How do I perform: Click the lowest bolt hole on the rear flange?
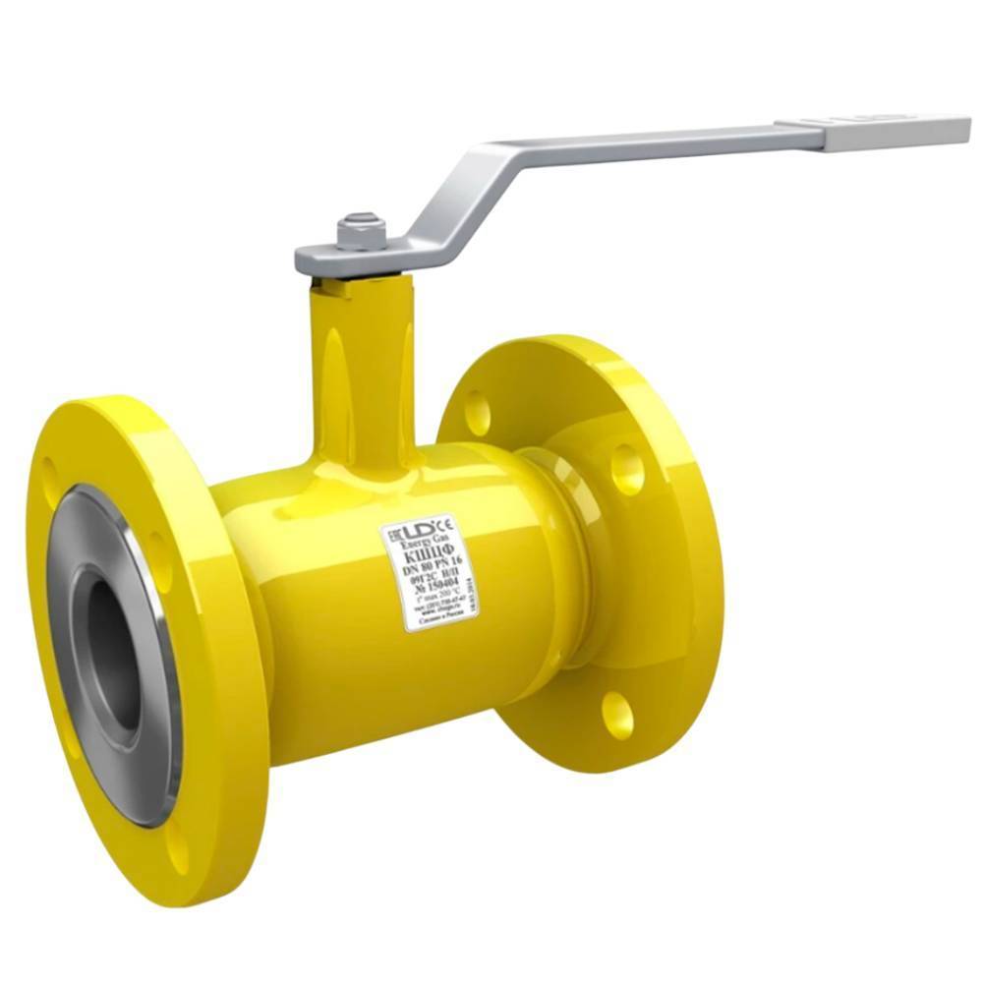[x=617, y=715]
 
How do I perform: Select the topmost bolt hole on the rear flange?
[x=477, y=411]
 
